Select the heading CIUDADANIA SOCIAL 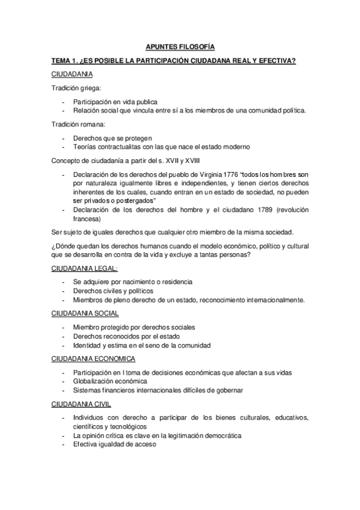(84, 313)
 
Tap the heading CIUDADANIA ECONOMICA (93, 359)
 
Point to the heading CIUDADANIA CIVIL (81, 404)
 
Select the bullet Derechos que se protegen (112, 138)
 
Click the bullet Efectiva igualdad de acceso (114, 444)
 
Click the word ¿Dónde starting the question (63, 245)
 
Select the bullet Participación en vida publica (116, 102)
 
